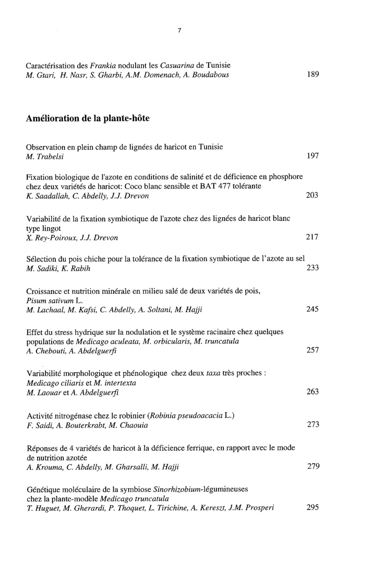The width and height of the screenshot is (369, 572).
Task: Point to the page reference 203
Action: [x=313, y=196]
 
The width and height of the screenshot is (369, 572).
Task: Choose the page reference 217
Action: [x=313, y=238]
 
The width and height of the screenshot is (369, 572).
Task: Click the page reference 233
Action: [x=313, y=268]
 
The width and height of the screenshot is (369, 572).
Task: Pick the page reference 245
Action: [x=313, y=309]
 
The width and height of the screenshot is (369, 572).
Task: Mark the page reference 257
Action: [x=313, y=351]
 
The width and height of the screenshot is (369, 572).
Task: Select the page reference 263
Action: [x=313, y=392]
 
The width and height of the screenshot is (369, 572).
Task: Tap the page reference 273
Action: [x=313, y=424]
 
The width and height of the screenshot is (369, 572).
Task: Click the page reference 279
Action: [x=313, y=466]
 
